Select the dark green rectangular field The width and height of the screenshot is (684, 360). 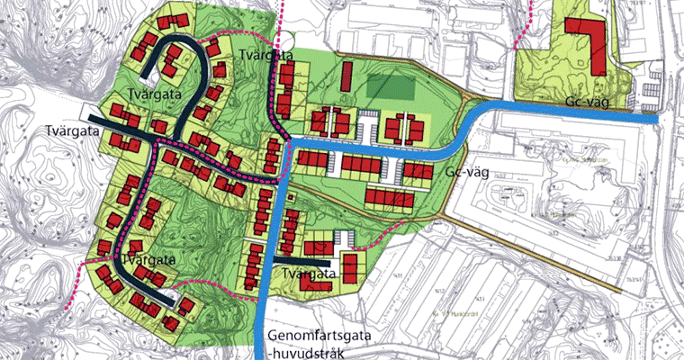[x=389, y=87]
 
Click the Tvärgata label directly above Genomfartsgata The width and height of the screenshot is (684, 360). [x=309, y=272]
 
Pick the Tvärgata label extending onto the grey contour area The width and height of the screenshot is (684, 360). [x=70, y=130]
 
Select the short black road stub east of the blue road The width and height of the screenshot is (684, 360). [x=287, y=264]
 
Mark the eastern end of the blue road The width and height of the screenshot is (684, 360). [x=655, y=118]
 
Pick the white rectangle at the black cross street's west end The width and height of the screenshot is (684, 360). [x=91, y=112]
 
